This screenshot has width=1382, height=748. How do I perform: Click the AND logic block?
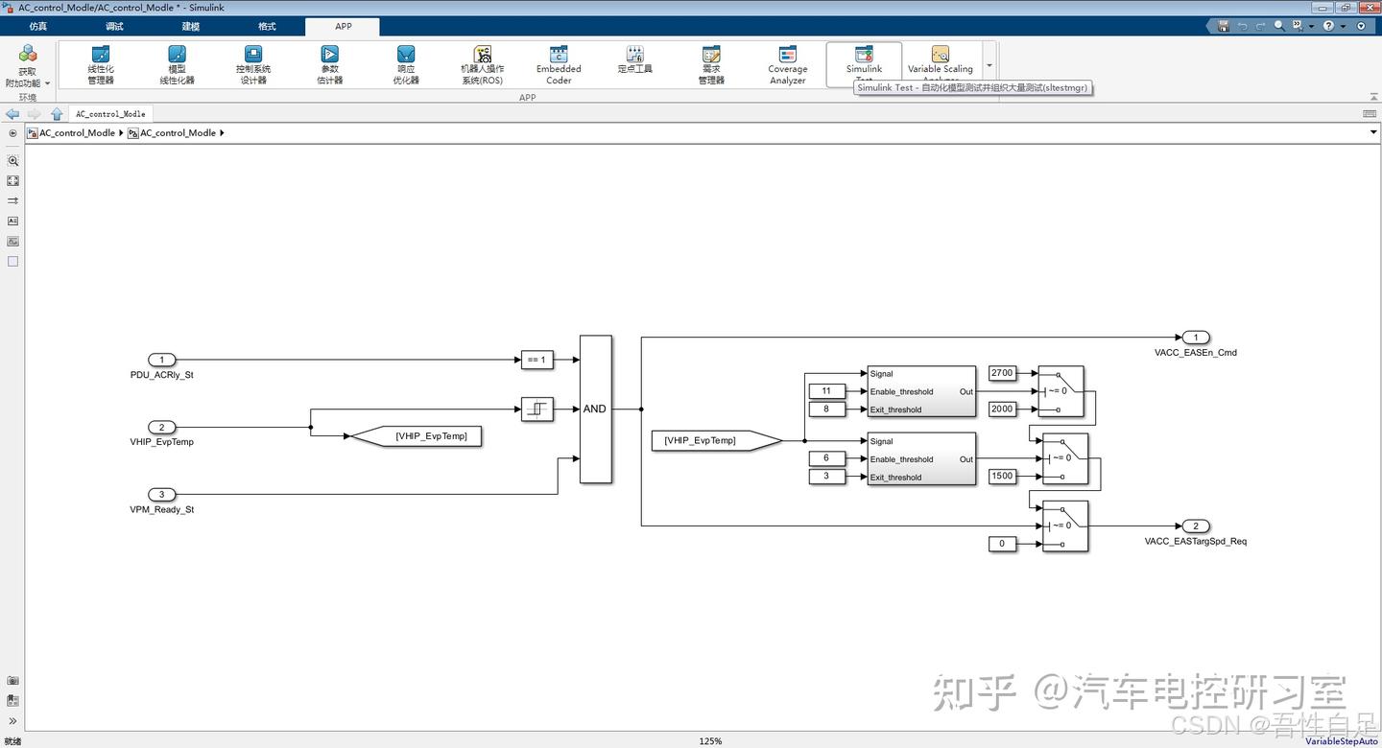coord(595,409)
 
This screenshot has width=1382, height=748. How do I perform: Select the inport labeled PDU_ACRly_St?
coord(161,360)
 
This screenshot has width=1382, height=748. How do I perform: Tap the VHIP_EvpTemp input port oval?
coord(161,427)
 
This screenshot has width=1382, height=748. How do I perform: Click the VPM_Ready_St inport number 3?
coord(161,495)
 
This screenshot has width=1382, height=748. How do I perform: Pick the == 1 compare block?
coord(536,360)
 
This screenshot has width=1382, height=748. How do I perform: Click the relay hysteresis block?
coord(536,409)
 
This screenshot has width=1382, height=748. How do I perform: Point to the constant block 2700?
coord(1001,373)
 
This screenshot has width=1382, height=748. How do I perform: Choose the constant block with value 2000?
coord(1001,409)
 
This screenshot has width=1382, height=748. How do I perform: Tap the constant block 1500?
coord(1001,476)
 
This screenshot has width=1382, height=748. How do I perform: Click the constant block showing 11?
coord(826,390)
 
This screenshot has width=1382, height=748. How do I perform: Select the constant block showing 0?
coord(1001,544)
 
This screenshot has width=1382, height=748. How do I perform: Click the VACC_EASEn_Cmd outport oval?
coord(1195,337)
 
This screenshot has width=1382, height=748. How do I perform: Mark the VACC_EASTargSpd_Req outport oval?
coord(1195,526)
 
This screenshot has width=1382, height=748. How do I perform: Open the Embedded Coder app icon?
coord(559,65)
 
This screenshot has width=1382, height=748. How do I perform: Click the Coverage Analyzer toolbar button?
coord(787,65)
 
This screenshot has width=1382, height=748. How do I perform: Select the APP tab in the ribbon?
coord(343,26)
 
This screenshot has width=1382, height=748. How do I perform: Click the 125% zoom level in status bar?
coord(710,741)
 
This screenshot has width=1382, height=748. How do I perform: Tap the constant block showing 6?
coord(826,458)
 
